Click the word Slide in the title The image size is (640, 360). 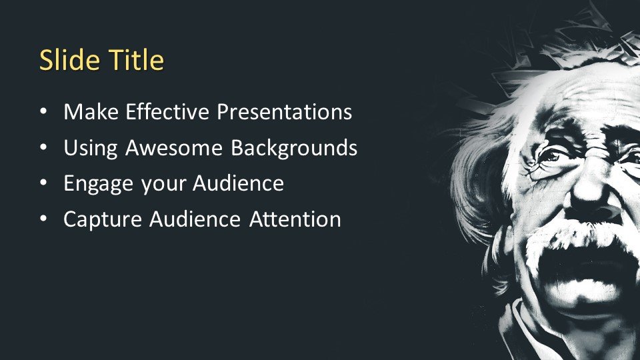(69, 59)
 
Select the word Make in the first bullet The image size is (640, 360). (91, 111)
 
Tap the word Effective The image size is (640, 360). (167, 111)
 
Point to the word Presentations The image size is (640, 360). (284, 111)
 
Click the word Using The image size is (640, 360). (91, 148)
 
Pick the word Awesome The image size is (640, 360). (174, 147)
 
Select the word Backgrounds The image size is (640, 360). (294, 147)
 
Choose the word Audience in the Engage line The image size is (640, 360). (239, 183)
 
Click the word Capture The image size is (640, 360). (103, 219)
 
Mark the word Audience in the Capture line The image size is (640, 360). (195, 219)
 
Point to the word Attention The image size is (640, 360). (295, 219)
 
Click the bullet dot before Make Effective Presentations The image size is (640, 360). (44, 112)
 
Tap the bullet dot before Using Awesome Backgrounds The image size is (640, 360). (44, 148)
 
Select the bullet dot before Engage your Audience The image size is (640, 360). (44, 183)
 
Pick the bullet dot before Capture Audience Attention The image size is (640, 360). (44, 219)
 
